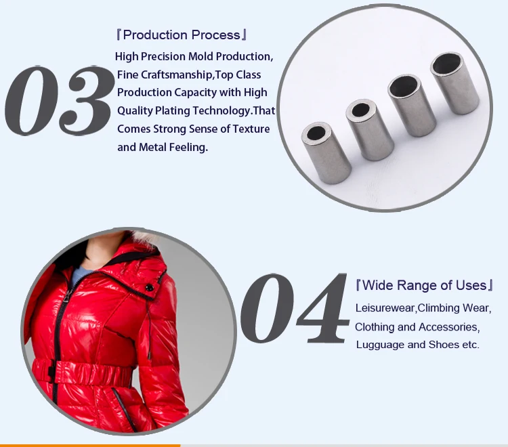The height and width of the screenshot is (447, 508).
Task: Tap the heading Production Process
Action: tap(182, 35)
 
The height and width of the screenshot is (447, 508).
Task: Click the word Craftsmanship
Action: tap(175, 74)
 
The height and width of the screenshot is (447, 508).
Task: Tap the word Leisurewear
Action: tap(385, 309)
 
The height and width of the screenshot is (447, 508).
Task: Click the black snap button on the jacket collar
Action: tap(148, 290)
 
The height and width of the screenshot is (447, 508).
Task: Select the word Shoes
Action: tap(443, 345)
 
